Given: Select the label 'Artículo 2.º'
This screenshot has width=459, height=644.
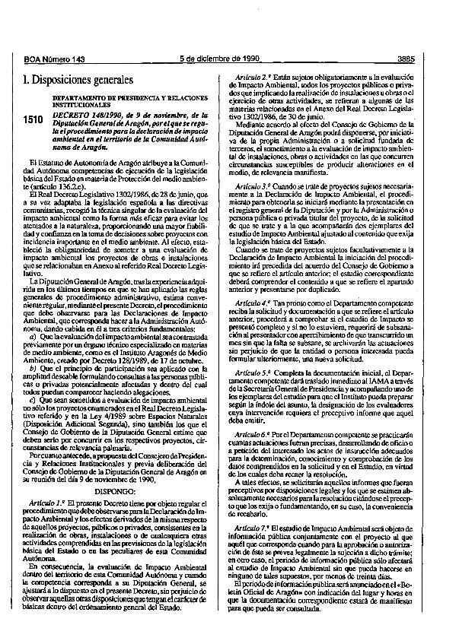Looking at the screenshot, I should [258, 78].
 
